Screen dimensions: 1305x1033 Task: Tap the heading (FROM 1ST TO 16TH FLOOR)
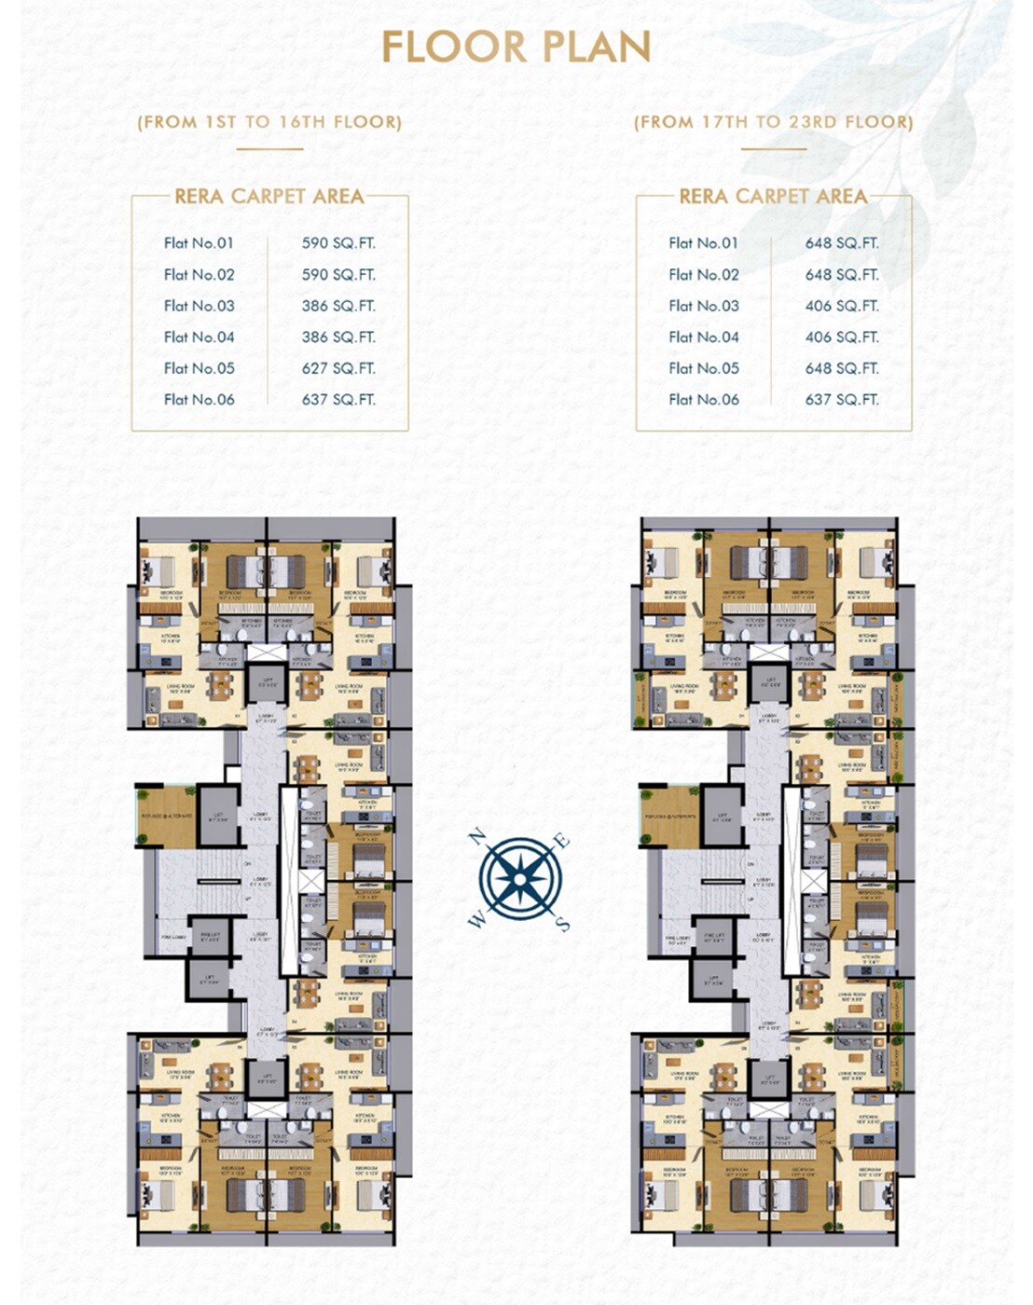coord(269,121)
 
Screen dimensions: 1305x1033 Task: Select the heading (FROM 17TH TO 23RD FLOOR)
coord(774,121)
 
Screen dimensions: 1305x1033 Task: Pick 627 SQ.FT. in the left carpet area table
coord(338,368)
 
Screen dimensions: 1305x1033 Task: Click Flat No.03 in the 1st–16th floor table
coord(199,306)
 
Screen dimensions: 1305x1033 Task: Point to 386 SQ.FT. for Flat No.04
coord(338,337)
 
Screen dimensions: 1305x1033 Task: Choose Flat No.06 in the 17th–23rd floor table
coord(704,400)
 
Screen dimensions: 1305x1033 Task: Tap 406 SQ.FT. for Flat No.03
coord(842,306)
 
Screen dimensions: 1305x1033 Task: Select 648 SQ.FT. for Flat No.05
coord(842,368)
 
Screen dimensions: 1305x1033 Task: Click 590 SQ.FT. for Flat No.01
coord(338,243)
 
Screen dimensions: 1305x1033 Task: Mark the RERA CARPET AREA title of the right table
coord(773,197)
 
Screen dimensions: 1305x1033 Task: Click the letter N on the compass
coord(476,835)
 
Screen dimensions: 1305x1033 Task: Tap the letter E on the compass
coord(562,842)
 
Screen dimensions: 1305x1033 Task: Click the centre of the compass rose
coord(520,879)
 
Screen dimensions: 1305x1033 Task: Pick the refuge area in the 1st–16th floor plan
coord(168,816)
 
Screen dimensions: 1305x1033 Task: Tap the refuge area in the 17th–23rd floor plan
coord(669,816)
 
